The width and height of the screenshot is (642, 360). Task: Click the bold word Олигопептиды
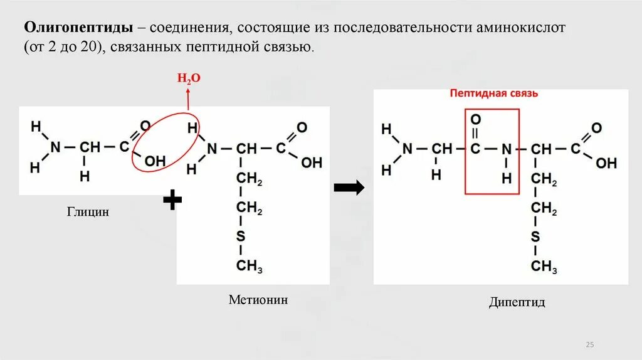pos(78,28)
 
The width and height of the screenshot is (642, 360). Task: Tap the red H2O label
pos(188,78)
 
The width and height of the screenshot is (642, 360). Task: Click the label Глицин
pos(88,212)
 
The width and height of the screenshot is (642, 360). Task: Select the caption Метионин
pos(258,300)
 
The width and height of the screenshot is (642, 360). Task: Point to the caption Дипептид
pos(517,302)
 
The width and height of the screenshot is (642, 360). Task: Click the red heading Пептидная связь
pos(493,93)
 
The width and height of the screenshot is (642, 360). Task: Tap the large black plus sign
pos(172,201)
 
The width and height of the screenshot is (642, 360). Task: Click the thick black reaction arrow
pos(349,188)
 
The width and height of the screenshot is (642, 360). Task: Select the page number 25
pos(590,345)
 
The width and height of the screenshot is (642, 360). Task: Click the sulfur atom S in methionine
pos(241,236)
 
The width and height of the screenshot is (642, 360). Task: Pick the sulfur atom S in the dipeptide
pos(535,236)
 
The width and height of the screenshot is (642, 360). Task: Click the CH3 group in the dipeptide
pos(544,266)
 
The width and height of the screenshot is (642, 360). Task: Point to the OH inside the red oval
pos(155,161)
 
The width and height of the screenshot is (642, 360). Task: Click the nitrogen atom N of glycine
pos(56,147)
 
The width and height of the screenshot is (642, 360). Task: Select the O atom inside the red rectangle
pos(475,119)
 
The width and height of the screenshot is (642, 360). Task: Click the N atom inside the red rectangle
pos(507,149)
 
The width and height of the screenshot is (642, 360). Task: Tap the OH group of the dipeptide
pos(606,163)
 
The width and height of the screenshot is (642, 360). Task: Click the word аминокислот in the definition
pos(513,28)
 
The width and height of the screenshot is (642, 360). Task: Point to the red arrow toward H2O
pos(188,97)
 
